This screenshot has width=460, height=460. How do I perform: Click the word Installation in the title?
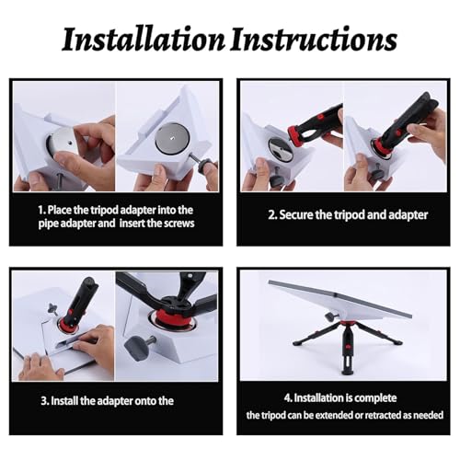144,40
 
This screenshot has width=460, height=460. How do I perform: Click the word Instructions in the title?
314,40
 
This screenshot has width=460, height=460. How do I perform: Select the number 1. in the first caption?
42,210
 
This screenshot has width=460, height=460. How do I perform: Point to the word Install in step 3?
64,401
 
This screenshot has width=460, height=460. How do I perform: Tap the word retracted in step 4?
383,415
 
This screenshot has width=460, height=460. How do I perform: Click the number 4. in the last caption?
288,397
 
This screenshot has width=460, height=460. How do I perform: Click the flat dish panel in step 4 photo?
340,302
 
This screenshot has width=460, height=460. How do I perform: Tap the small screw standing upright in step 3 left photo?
52,308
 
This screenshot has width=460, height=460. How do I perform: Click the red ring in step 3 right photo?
164,316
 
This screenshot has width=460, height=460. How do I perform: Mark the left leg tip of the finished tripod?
295,343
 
